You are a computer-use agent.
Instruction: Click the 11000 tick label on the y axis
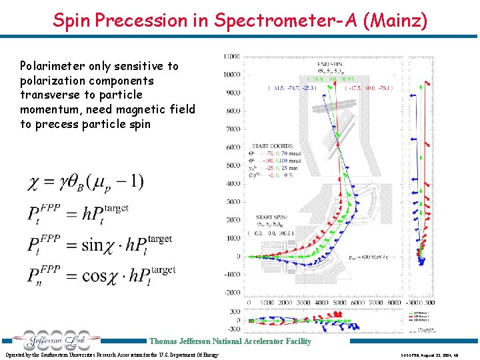coord(232,57)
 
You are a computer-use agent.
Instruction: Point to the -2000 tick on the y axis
coord(232,293)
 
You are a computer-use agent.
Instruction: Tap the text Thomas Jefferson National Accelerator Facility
coord(230,341)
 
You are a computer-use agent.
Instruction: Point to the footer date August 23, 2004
coord(445,355)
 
